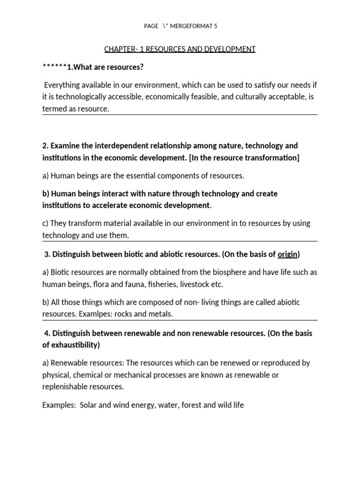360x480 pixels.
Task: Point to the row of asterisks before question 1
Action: click(x=54, y=67)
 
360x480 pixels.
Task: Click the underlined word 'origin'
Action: click(x=287, y=255)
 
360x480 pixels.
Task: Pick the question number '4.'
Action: click(x=47, y=333)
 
